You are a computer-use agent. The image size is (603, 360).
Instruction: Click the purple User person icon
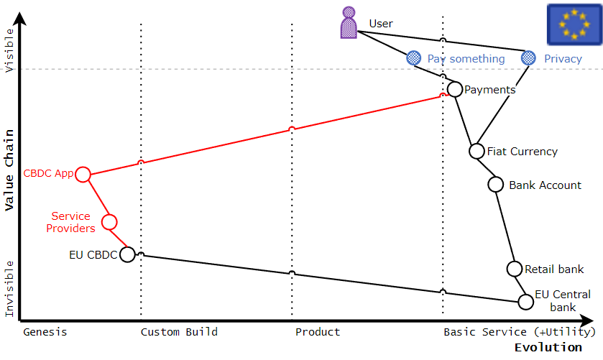click(x=349, y=22)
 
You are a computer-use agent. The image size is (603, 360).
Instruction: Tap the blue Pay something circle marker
click(x=413, y=58)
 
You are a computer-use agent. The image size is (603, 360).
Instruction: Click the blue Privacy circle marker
click(x=528, y=58)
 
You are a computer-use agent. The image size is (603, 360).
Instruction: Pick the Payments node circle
click(x=454, y=89)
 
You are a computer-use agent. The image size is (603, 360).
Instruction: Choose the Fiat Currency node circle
click(x=477, y=151)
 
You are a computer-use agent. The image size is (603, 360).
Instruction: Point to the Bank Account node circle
click(x=496, y=184)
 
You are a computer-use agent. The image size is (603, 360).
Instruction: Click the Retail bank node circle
click(x=515, y=269)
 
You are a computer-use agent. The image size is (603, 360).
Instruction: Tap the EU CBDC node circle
click(x=127, y=254)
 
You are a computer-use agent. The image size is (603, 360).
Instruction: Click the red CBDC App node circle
click(x=83, y=174)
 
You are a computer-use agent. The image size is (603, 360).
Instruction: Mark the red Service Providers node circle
click(x=109, y=221)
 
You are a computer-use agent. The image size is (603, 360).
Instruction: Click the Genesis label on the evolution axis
click(x=45, y=332)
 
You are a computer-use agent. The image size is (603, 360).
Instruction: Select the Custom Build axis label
click(x=179, y=332)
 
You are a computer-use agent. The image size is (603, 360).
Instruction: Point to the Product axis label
click(x=318, y=332)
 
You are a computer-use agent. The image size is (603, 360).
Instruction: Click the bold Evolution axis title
click(x=548, y=348)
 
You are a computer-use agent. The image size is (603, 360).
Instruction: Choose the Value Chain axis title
click(x=9, y=170)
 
